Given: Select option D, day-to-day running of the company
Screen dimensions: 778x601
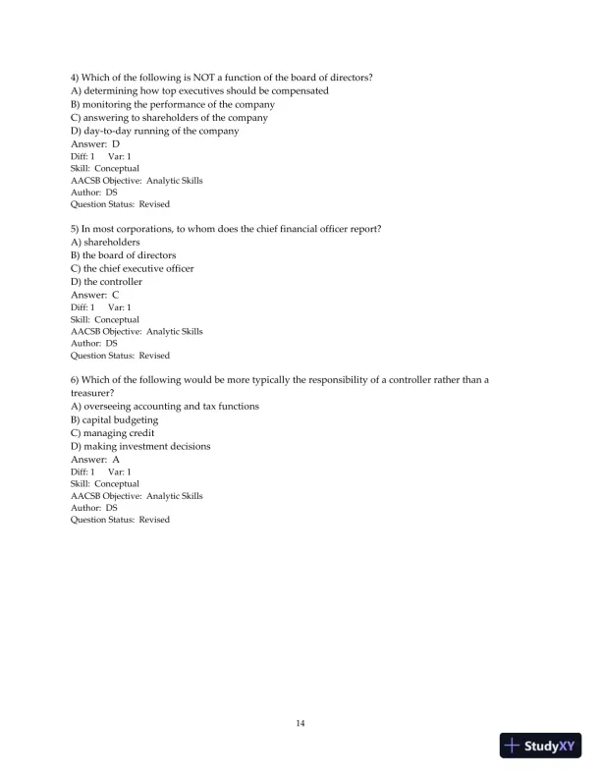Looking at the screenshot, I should [154, 131].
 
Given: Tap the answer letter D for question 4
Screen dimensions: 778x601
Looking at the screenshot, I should [115, 144].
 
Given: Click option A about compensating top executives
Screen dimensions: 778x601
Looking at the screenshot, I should [199, 91].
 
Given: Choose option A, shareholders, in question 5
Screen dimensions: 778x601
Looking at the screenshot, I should [105, 242].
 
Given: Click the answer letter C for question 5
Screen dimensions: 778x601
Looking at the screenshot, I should [115, 295].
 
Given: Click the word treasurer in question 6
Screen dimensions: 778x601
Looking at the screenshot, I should [91, 392].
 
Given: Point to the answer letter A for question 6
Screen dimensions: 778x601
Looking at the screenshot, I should [115, 459].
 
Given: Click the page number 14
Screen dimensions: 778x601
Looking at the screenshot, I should [300, 724].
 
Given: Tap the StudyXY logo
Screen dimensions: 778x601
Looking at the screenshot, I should [539, 746].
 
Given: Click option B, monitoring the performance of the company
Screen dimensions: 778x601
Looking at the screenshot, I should [172, 104].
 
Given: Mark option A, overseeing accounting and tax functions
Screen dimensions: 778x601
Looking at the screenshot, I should [165, 406].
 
